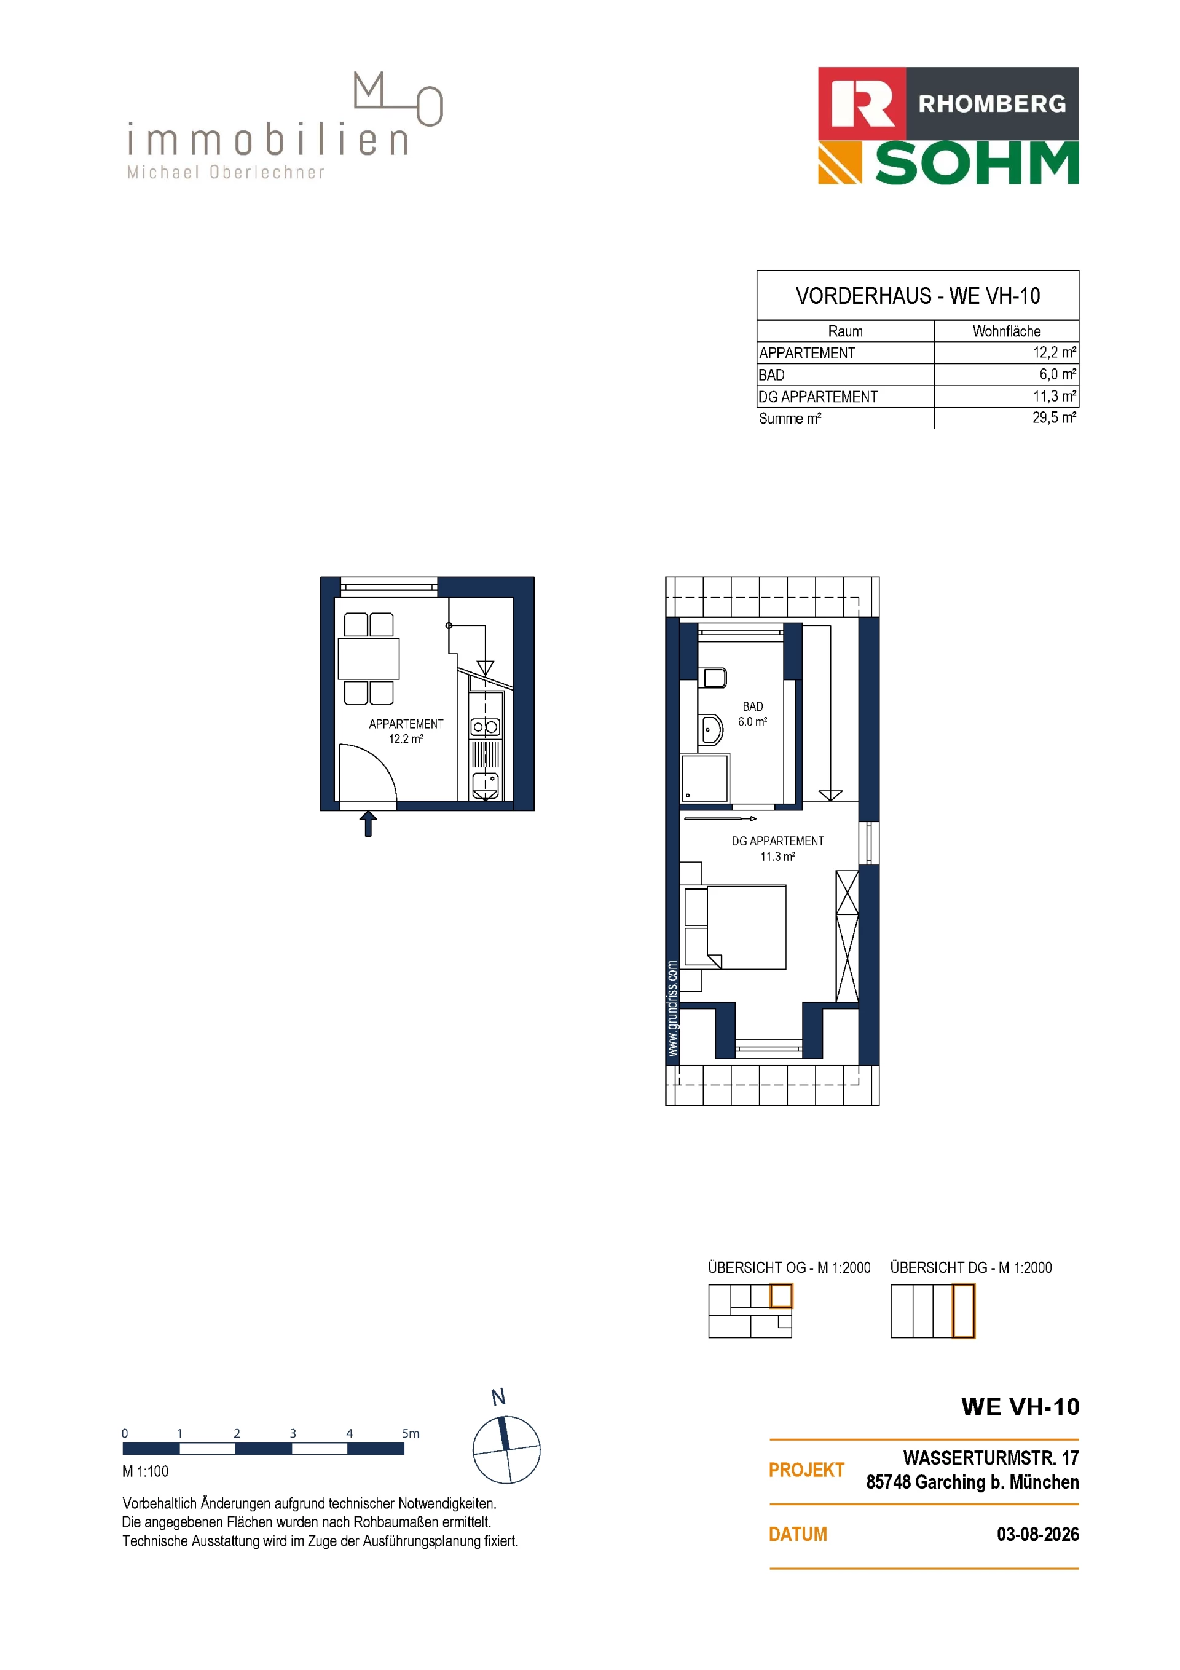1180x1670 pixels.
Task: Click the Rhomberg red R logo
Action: coord(862,104)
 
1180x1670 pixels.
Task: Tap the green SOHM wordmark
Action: coord(977,164)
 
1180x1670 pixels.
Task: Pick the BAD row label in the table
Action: coord(771,374)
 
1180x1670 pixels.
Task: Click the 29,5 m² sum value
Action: coord(1054,417)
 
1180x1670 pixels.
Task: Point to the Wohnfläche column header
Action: coord(1006,331)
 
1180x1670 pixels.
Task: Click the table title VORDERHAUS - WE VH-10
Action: coord(918,296)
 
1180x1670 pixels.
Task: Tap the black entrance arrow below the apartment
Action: coord(368,824)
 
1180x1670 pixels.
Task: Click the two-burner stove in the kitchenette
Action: coord(485,727)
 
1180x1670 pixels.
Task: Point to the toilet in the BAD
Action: coord(714,678)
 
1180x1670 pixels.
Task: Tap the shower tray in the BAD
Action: coord(704,778)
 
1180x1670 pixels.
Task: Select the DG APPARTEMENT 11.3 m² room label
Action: coord(778,849)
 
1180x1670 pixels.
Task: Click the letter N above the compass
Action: coord(498,1397)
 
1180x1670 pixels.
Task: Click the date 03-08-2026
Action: coord(1037,1535)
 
